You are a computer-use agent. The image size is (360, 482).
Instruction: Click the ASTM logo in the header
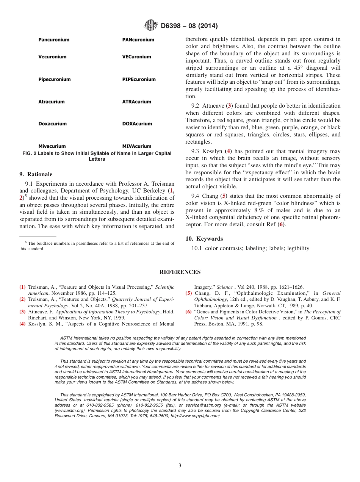pos(150,26)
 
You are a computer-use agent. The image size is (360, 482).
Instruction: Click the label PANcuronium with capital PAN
pos(138,40)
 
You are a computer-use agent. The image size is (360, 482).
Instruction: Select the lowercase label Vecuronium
pos(52,57)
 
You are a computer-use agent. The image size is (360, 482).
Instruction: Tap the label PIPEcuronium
pos(139,80)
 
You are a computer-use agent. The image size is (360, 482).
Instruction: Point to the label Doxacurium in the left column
pos(52,124)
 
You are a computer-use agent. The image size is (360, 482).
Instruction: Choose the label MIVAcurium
pos(136,146)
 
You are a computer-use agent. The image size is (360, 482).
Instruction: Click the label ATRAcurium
pos(136,102)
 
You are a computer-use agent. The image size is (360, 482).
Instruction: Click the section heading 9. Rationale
pos(36,174)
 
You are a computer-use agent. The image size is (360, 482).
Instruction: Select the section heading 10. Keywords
pos(204,239)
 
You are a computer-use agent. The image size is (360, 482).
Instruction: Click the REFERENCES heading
pos(180,272)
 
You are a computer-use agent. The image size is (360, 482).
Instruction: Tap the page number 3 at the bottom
pos(180,466)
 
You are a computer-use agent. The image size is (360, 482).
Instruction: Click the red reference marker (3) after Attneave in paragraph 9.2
pos(229,106)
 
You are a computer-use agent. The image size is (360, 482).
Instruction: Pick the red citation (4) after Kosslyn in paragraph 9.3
pos(228,151)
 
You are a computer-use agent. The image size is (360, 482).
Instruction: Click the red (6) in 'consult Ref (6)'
pos(280,224)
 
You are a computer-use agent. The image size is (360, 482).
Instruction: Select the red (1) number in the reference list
pos(23,287)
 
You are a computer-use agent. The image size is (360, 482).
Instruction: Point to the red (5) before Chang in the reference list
pos(188,293)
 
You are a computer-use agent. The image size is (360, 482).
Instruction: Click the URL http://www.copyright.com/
pos(195,416)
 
